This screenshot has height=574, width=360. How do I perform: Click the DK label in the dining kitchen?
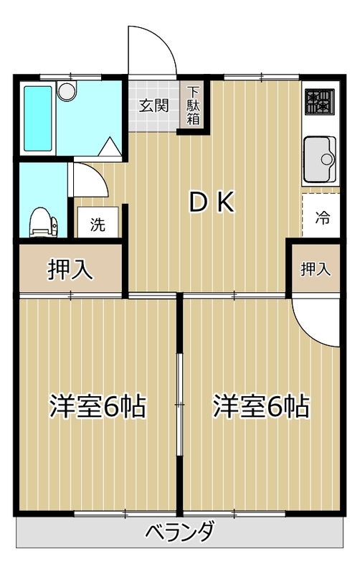(x=212, y=203)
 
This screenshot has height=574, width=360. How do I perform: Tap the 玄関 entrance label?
(x=153, y=105)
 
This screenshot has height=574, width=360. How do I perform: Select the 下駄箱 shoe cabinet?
(x=194, y=105)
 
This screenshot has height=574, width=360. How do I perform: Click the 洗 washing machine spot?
(x=97, y=224)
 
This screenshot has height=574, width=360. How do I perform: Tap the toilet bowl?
(x=43, y=222)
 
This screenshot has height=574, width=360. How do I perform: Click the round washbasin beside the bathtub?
(x=67, y=91)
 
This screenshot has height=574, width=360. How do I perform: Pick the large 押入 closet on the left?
(x=70, y=269)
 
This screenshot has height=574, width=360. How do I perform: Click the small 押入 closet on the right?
(x=315, y=269)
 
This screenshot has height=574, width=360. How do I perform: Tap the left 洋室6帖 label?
(x=98, y=406)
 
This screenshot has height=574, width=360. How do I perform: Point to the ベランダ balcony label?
(x=180, y=532)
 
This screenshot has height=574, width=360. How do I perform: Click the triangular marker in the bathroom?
(x=110, y=146)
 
